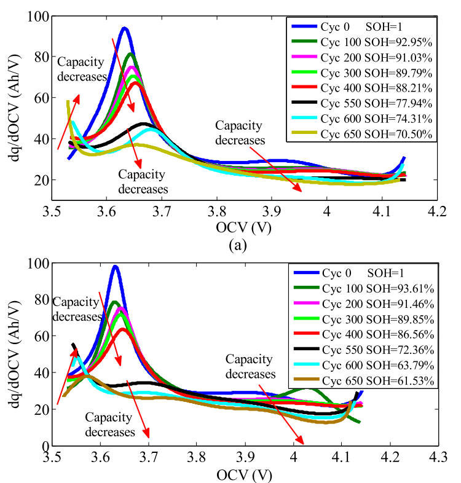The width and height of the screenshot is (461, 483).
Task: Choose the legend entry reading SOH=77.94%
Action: tap(363, 103)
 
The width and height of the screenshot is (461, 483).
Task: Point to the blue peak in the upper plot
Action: tap(124, 28)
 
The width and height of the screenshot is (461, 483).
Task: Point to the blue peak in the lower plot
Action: tap(115, 266)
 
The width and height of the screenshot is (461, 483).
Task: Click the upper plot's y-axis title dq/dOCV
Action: tap(14, 108)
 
